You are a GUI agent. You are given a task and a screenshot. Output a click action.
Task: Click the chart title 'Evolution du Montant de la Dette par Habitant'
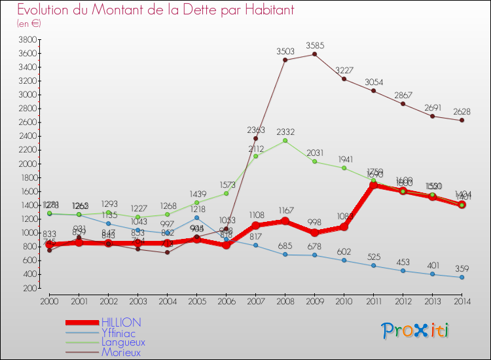click(x=156, y=10)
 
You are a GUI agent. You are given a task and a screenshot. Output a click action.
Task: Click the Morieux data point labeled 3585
click(x=314, y=54)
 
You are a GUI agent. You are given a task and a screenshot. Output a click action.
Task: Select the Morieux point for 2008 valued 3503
click(x=285, y=60)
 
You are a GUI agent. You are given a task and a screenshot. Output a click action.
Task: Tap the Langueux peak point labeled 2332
click(x=285, y=140)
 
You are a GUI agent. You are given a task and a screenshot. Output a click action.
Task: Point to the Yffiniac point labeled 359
click(x=462, y=277)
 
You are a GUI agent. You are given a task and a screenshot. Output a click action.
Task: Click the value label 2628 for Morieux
click(x=462, y=111)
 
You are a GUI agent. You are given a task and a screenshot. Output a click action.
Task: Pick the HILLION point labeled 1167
click(x=285, y=221)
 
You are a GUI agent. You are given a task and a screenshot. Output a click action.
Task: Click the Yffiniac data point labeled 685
click(x=285, y=254)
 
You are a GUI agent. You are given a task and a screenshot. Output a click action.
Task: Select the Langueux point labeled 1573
click(x=226, y=193)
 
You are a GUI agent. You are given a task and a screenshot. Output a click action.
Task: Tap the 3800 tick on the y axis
click(x=27, y=39)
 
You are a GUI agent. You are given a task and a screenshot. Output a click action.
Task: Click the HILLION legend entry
click(x=120, y=323)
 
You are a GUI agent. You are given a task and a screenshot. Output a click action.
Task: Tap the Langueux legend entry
click(x=123, y=342)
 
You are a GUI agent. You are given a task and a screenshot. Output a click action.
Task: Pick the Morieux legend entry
click(x=120, y=351)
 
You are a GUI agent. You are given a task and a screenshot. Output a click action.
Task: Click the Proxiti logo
click(x=416, y=330)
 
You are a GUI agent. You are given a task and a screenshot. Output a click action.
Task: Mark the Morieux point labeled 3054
click(x=373, y=90)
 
